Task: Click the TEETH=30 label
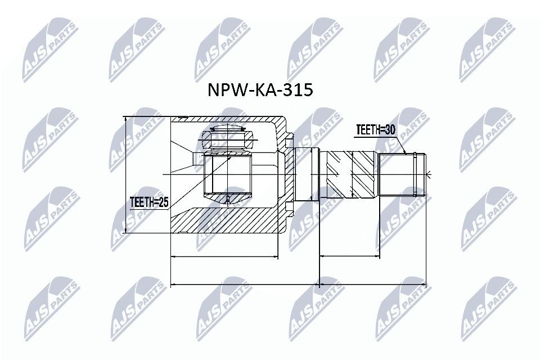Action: (375, 130)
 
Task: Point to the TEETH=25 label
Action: (149, 201)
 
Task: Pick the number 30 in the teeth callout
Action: (389, 130)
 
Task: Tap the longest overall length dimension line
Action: (298, 284)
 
